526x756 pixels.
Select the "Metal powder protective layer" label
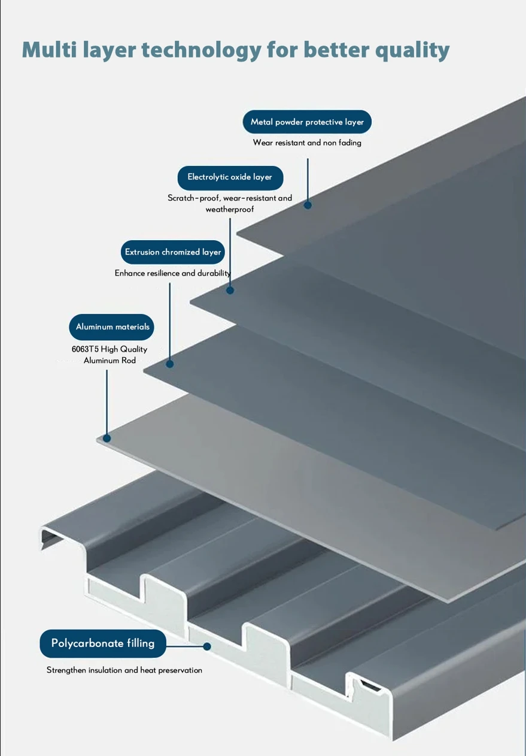click(x=307, y=122)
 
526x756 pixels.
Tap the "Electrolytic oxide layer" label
click(x=230, y=177)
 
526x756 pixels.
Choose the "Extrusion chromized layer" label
click(x=173, y=252)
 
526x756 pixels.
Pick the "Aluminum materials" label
click(x=113, y=327)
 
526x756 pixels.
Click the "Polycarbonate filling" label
click(x=103, y=643)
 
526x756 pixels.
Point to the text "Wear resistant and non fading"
click(x=307, y=143)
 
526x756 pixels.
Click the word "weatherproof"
click(x=230, y=209)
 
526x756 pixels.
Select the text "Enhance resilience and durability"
click(x=173, y=273)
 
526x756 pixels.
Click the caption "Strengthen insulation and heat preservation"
click(x=124, y=670)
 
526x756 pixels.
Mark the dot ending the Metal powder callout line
click(x=308, y=205)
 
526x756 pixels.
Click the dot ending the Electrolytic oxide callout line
click(x=230, y=291)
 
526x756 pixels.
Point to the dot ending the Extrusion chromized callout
click(x=170, y=364)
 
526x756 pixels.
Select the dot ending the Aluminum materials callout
click(x=107, y=439)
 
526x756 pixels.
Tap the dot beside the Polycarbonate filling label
click(x=207, y=646)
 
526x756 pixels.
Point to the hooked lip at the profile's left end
click(x=49, y=537)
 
